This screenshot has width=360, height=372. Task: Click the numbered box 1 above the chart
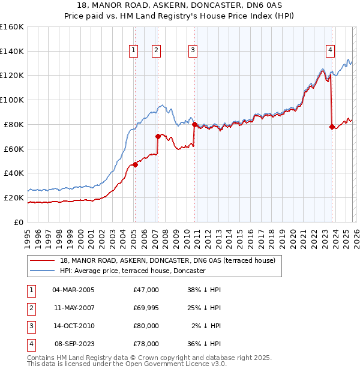pyautogui.click(x=133, y=51)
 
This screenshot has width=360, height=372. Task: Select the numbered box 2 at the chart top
pyautogui.click(x=156, y=51)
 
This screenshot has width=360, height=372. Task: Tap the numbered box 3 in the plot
pyautogui.click(x=193, y=51)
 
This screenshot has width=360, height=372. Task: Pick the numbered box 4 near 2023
pyautogui.click(x=330, y=51)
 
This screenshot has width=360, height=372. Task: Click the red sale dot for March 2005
pyautogui.click(x=135, y=164)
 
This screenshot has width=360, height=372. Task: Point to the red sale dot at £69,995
pyautogui.click(x=158, y=136)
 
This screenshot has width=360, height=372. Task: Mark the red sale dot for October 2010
pyautogui.click(x=194, y=124)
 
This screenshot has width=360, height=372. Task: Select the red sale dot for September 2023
pyautogui.click(x=332, y=127)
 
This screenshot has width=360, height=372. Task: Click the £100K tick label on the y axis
pyautogui.click(x=12, y=100)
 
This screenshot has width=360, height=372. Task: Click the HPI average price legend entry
pyautogui.click(x=133, y=271)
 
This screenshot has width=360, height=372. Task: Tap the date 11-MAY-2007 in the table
pyautogui.click(x=74, y=308)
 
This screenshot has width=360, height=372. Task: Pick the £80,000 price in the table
pyautogui.click(x=146, y=326)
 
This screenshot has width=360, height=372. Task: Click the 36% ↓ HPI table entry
pyautogui.click(x=205, y=344)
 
